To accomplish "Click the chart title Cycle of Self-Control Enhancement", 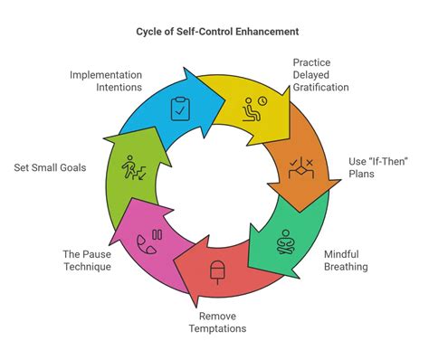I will pos(214,32).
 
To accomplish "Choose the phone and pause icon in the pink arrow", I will pos(148,239).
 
